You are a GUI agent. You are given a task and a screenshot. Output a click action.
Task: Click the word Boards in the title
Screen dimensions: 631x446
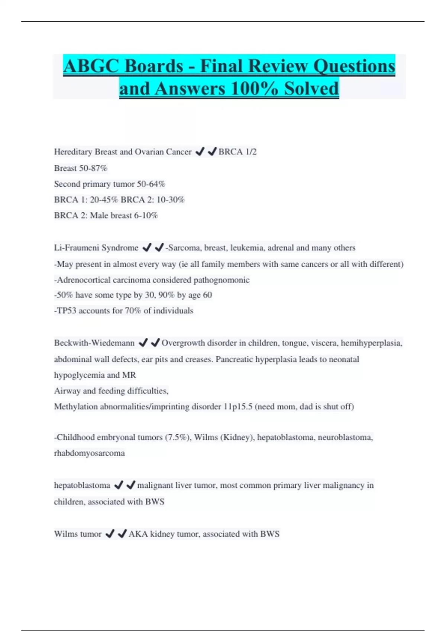point(153,66)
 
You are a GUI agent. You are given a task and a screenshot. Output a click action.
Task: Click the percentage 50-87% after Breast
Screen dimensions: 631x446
point(93,168)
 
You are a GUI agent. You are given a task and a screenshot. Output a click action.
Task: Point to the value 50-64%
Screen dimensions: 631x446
point(151,184)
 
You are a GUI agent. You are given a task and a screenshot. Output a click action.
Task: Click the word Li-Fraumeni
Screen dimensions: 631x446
point(76,248)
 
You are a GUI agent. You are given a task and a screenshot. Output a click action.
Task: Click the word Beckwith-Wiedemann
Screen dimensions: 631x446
point(94,343)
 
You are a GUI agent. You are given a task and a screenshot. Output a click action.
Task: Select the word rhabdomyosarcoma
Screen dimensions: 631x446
point(89,453)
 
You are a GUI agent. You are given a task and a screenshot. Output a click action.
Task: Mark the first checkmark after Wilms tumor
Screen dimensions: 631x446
point(110,534)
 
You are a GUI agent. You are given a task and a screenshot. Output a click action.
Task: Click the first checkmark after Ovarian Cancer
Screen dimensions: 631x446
point(200,152)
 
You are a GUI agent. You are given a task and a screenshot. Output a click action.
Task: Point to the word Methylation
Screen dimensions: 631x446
point(76,407)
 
